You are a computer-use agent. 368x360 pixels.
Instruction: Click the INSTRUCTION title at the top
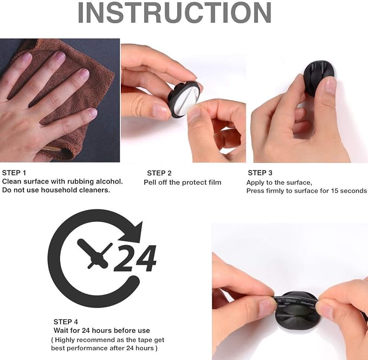(x=175, y=12)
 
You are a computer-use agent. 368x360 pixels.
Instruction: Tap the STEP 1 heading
(x=14, y=173)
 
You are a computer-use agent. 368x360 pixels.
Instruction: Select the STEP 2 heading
(x=159, y=173)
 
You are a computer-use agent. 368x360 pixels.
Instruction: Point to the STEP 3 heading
(x=260, y=173)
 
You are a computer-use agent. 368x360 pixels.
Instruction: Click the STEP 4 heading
(x=66, y=322)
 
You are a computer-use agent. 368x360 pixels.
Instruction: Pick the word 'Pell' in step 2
(x=150, y=182)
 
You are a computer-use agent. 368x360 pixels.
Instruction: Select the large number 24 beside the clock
(x=135, y=258)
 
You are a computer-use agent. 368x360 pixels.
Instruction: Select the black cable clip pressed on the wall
(x=319, y=77)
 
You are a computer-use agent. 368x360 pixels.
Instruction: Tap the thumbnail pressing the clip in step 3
(x=331, y=86)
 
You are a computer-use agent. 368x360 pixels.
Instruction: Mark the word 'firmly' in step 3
(x=275, y=191)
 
